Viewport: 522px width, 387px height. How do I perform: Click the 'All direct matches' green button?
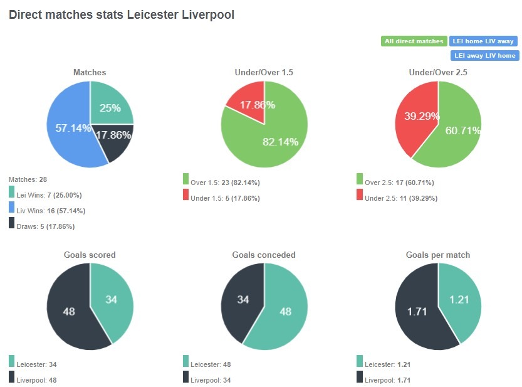414,41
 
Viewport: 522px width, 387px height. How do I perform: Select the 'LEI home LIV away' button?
483,41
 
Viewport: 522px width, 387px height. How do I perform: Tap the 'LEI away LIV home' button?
483,55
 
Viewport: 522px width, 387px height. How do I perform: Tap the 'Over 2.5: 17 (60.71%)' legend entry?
398,183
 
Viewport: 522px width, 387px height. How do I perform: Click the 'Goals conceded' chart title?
264,255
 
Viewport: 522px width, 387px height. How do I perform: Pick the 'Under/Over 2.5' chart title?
438,73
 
